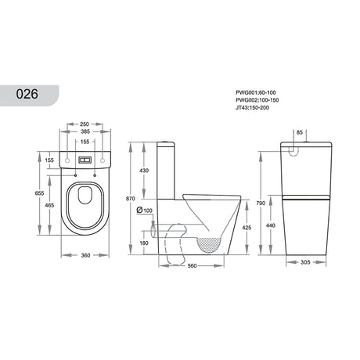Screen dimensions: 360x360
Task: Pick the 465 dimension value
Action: click(49, 204)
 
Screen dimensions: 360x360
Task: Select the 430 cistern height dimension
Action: click(144, 171)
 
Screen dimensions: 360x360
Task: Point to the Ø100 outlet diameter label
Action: click(143, 210)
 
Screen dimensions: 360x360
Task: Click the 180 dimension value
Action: click(144, 243)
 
